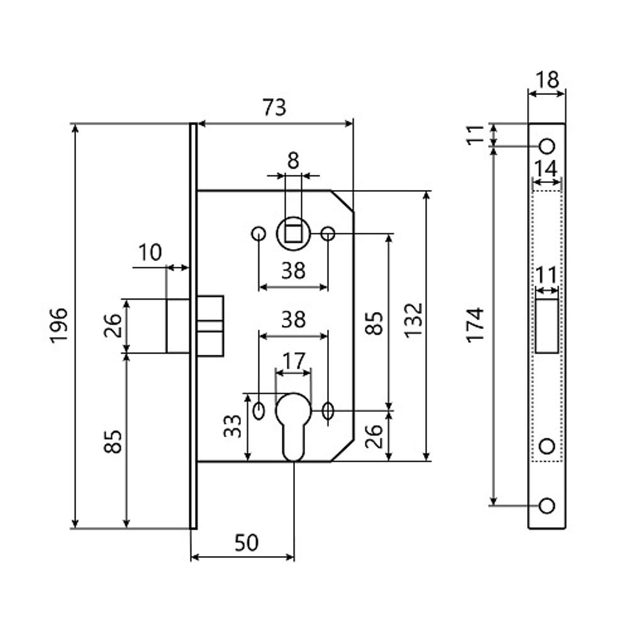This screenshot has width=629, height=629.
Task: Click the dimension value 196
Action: pyautogui.click(x=58, y=325)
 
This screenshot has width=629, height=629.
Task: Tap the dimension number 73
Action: pyautogui.click(x=274, y=108)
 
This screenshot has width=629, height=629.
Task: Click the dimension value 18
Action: pyautogui.click(x=547, y=80)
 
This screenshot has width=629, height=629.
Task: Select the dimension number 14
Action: pyautogui.click(x=547, y=169)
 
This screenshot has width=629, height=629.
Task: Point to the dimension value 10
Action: pyautogui.click(x=150, y=252)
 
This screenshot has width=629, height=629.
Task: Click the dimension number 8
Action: pyautogui.click(x=293, y=160)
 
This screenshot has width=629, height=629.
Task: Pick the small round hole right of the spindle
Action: pyautogui.click(x=327, y=233)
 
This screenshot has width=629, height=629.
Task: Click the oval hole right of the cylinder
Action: pyautogui.click(x=327, y=411)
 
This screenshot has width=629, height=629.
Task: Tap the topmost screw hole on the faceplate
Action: pyautogui.click(x=547, y=146)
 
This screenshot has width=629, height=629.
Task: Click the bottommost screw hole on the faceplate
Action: pyautogui.click(x=547, y=505)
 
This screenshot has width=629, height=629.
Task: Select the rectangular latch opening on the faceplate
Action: pyautogui.click(x=547, y=326)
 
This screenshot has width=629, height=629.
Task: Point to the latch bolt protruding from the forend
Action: pyautogui.click(x=177, y=326)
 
